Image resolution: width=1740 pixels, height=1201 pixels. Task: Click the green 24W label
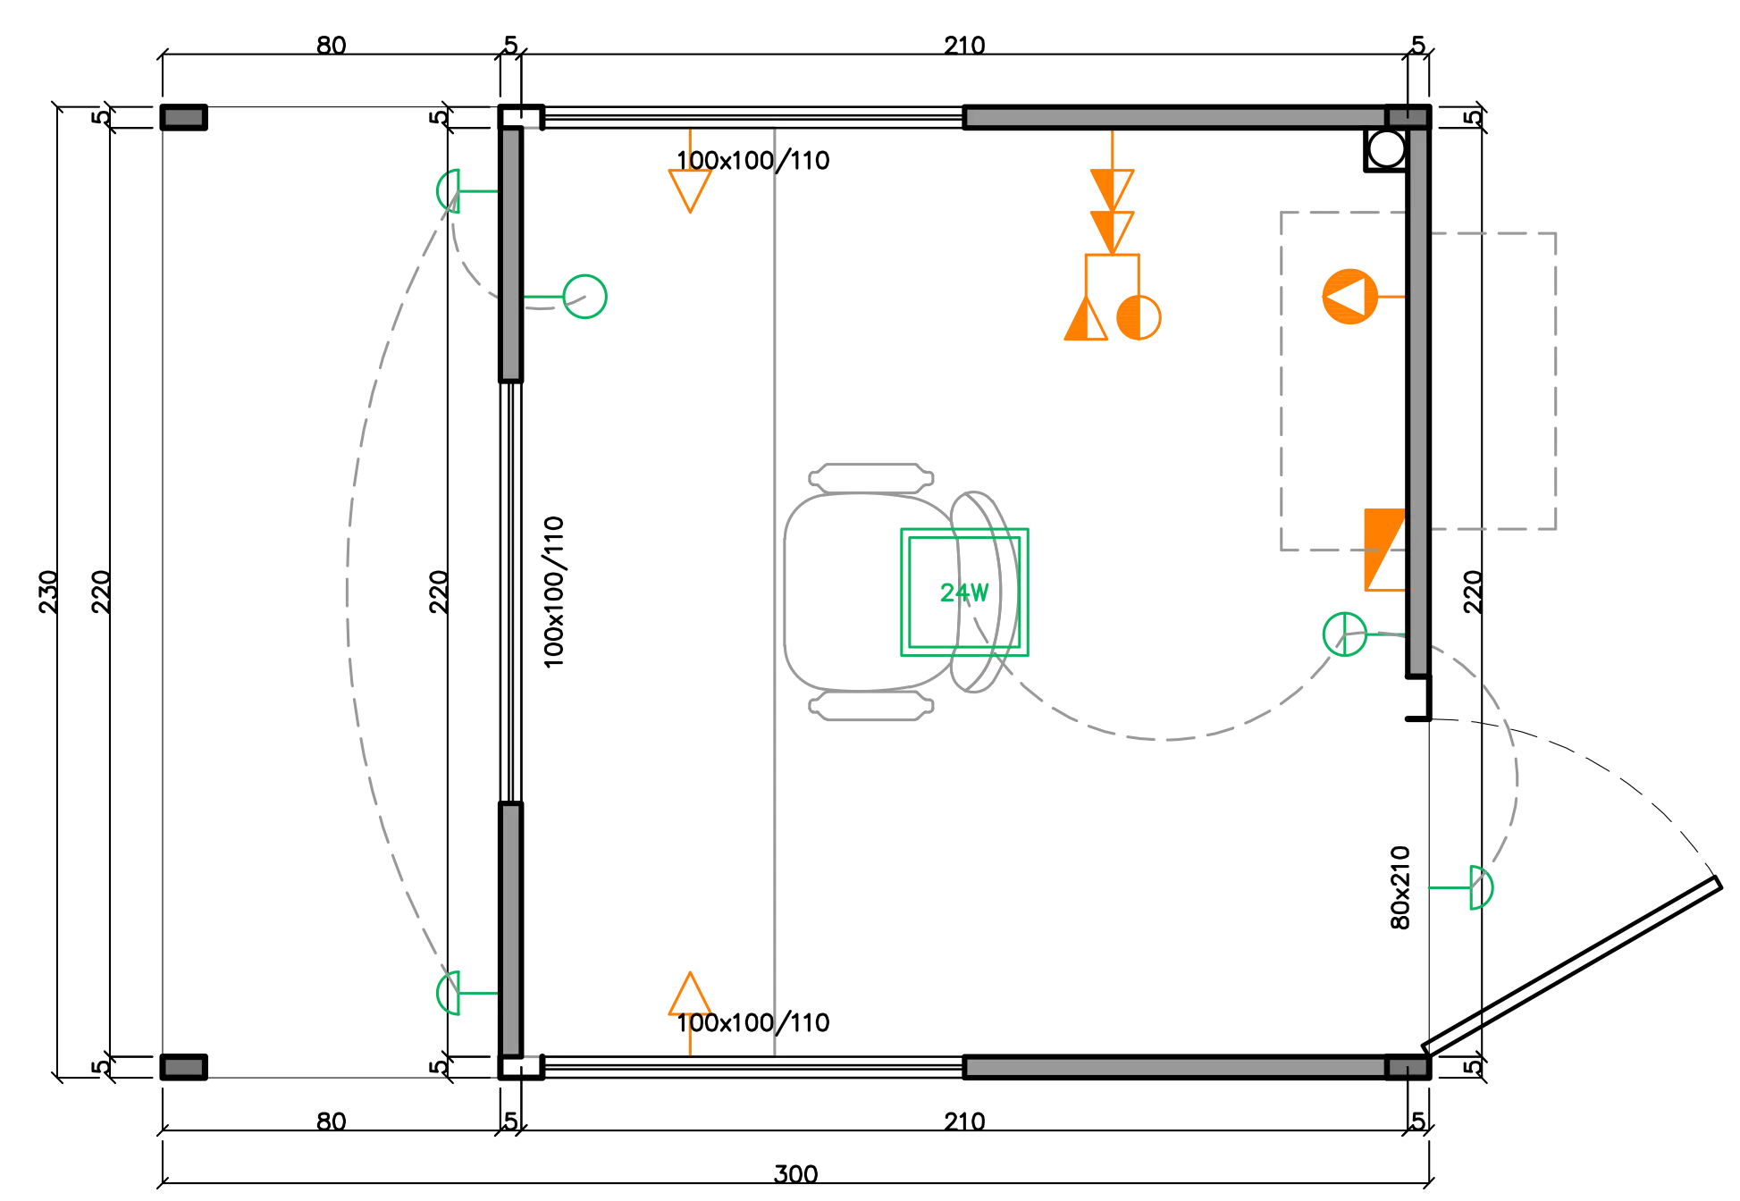click(x=964, y=592)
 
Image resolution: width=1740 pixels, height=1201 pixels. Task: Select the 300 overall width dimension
click(x=795, y=1173)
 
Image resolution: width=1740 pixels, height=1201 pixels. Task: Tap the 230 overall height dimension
click(x=48, y=592)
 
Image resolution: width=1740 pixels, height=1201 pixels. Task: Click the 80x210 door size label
click(x=1400, y=887)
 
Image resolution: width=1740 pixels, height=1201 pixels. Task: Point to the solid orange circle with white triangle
click(x=1349, y=296)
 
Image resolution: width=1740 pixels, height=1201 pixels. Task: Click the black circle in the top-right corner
click(x=1387, y=149)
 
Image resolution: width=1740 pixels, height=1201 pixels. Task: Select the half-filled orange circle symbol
click(x=1139, y=317)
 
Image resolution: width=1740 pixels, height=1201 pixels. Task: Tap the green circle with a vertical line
click(x=1344, y=634)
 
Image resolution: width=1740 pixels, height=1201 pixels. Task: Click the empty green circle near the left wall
click(x=584, y=297)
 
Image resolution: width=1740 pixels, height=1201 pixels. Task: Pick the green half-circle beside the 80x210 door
click(x=1481, y=887)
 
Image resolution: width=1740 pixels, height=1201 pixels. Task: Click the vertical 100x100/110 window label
click(x=554, y=592)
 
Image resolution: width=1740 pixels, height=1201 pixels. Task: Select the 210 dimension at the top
click(x=964, y=45)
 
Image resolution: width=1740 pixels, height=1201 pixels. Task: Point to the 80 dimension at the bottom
click(x=331, y=1121)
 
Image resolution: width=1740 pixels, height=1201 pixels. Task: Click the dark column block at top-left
click(x=183, y=117)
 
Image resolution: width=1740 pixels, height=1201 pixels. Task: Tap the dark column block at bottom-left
click(x=183, y=1067)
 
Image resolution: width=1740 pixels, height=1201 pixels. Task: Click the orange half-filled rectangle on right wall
click(x=1384, y=550)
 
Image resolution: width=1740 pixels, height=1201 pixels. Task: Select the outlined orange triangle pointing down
click(x=690, y=190)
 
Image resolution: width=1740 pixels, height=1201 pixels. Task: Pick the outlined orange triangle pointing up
click(x=690, y=994)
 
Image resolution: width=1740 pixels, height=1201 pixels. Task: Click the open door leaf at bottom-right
click(x=1571, y=966)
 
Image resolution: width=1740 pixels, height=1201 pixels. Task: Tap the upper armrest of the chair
click(x=871, y=478)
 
